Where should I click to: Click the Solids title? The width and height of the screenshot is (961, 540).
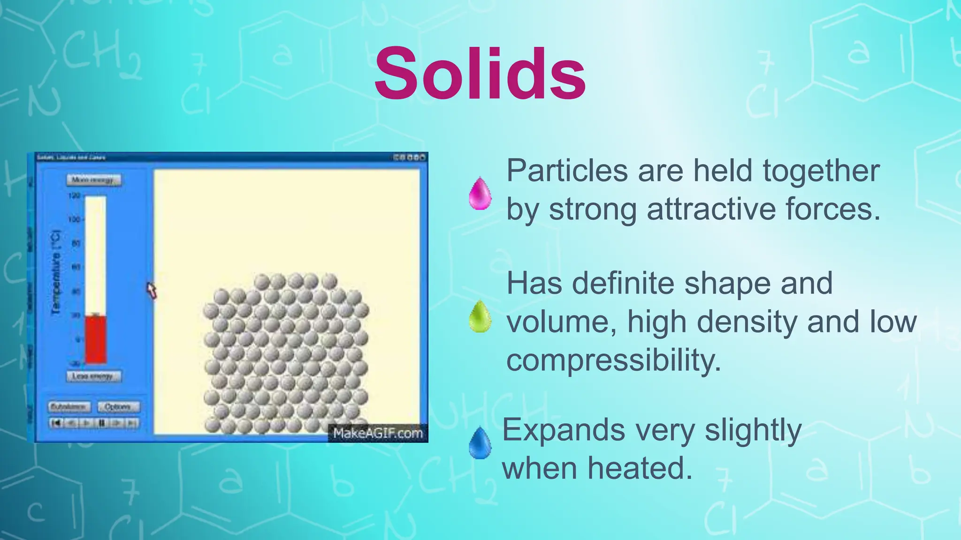(x=480, y=74)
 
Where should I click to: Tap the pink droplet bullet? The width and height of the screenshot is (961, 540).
(x=480, y=193)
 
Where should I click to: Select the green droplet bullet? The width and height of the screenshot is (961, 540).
(x=480, y=317)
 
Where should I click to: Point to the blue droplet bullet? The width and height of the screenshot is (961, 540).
(x=480, y=443)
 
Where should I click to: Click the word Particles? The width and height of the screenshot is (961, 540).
(x=567, y=171)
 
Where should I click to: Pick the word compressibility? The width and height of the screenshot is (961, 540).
(x=613, y=361)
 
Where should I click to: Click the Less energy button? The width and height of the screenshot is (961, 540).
(x=93, y=376)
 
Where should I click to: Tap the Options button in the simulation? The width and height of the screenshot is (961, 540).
(x=118, y=407)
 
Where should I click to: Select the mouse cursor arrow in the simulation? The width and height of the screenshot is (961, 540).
(x=151, y=290)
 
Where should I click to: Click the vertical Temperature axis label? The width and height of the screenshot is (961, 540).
(x=56, y=272)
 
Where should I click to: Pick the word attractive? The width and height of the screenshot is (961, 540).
(x=710, y=209)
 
